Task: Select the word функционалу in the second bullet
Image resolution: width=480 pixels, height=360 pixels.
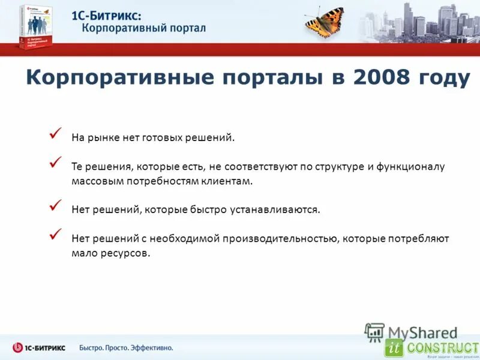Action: coord(413,167)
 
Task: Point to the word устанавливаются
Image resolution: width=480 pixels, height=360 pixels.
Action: coord(274,210)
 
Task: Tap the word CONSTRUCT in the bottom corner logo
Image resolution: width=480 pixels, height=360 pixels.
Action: coord(443,347)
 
